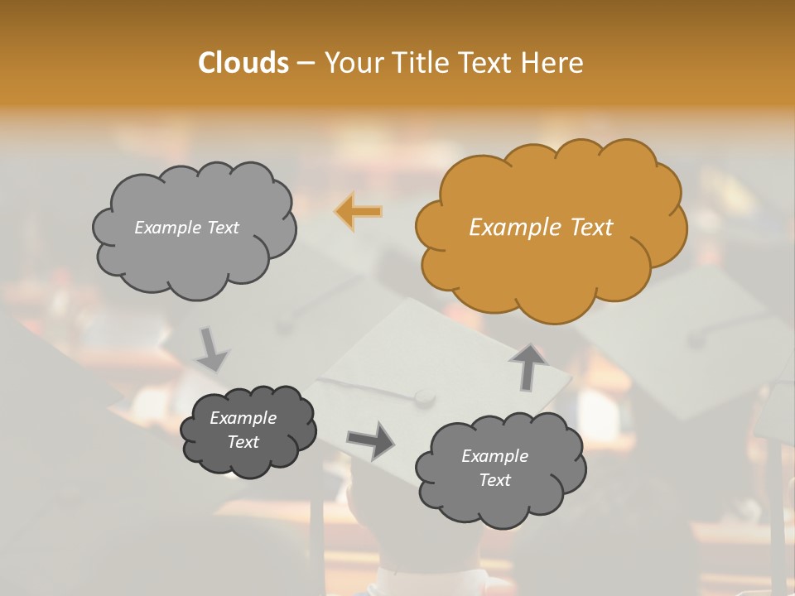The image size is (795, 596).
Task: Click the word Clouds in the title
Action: tap(243, 63)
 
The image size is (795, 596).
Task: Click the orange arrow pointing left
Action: tap(359, 212)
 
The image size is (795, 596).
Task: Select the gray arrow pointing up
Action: tap(529, 367)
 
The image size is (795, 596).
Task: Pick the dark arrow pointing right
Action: tap(371, 440)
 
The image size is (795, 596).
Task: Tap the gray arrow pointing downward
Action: tap(211, 349)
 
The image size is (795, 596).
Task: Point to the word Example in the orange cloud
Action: tap(515, 228)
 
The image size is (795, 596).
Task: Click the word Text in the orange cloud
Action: tap(590, 228)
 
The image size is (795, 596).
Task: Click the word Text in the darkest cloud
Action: tap(243, 442)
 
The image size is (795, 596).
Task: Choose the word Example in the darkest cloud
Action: tap(243, 418)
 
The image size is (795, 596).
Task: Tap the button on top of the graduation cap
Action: tap(424, 397)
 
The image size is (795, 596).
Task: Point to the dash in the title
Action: tap(305, 64)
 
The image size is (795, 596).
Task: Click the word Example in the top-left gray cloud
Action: tap(166, 228)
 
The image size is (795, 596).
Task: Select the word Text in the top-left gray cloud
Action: tap(221, 228)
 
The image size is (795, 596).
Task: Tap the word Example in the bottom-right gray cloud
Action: tap(494, 456)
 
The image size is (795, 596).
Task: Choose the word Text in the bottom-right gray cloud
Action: tap(494, 480)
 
